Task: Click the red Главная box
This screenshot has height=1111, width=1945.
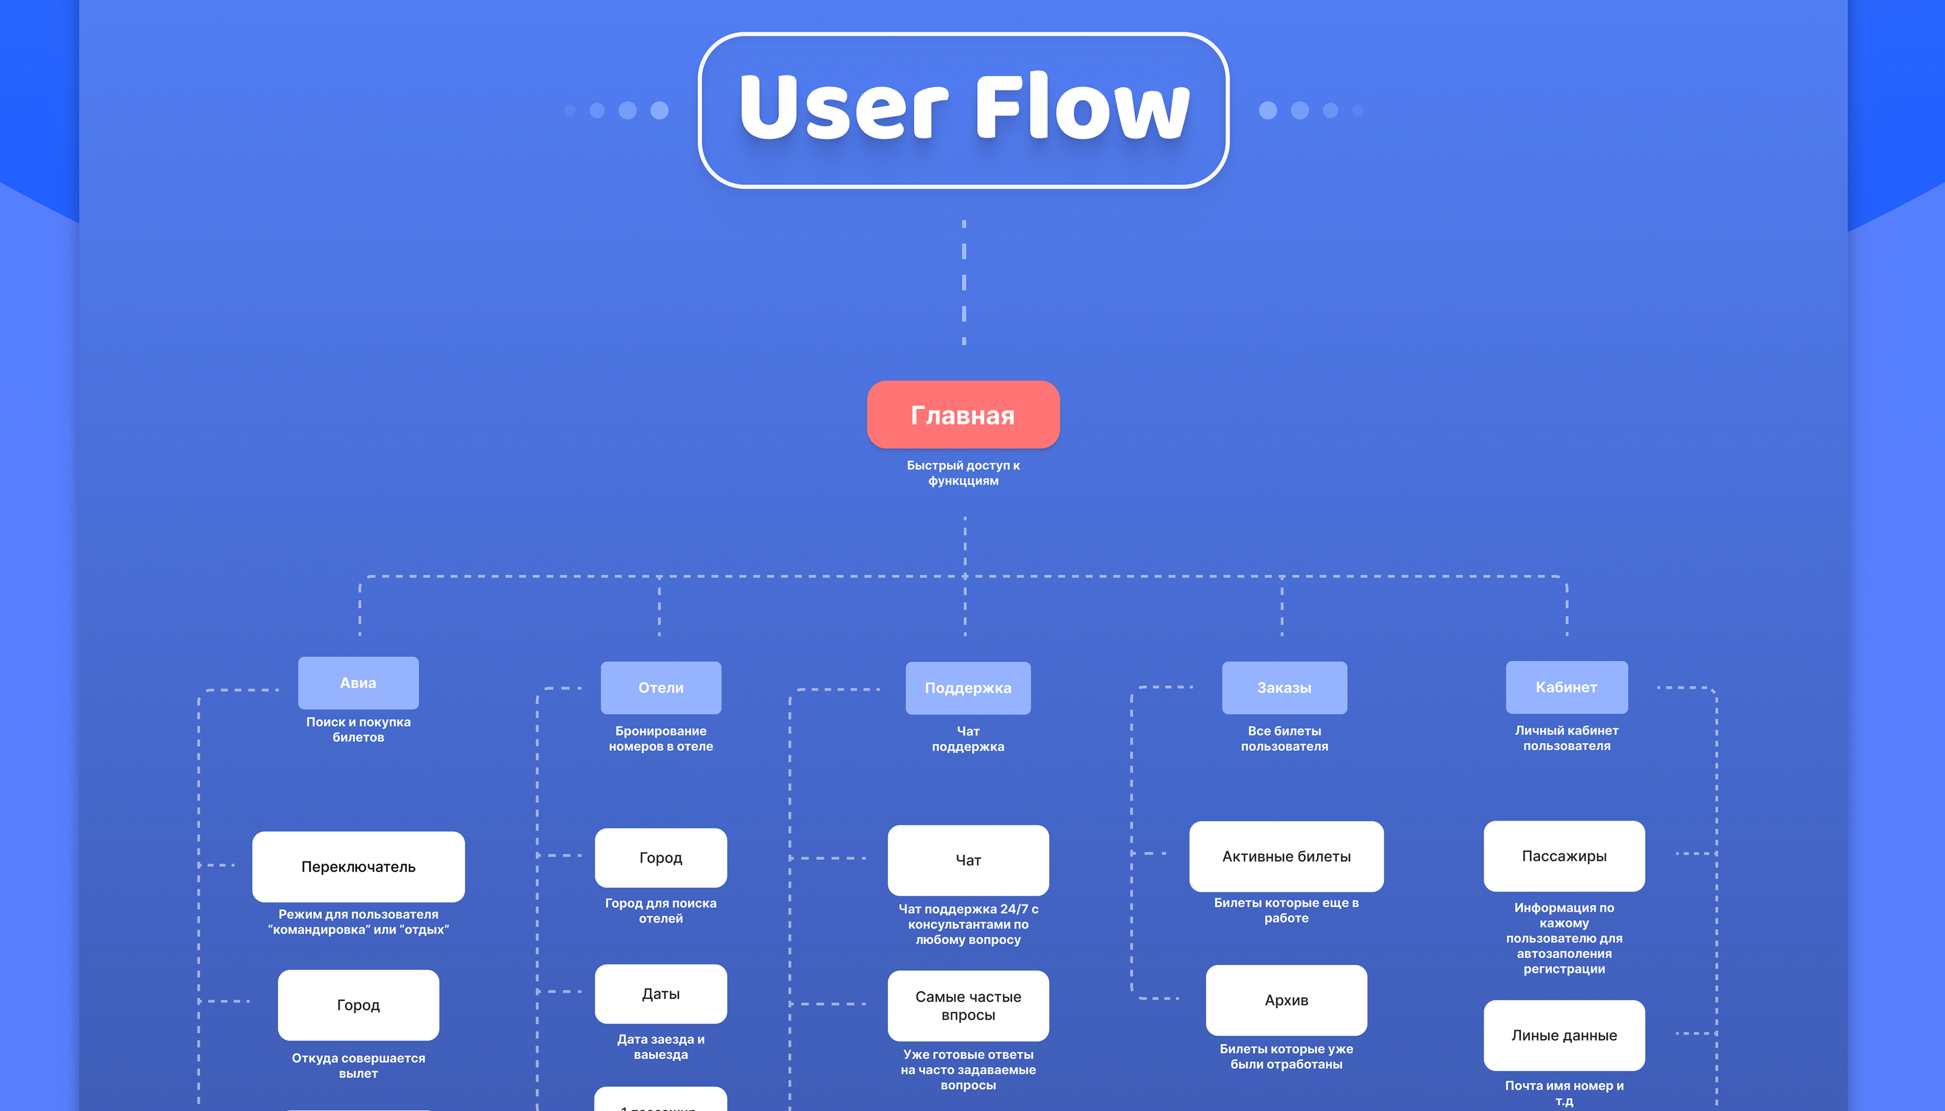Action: (963, 414)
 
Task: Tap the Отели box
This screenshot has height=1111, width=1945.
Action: (661, 687)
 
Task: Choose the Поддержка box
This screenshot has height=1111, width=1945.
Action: (968, 687)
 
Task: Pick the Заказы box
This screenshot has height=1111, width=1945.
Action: (1284, 687)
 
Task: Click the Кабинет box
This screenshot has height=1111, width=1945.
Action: (1566, 687)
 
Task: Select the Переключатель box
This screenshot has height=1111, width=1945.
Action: (358, 867)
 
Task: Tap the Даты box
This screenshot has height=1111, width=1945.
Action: (661, 994)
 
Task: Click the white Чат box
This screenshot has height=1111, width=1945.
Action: (968, 860)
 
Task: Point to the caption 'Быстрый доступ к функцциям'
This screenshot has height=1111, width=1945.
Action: (963, 472)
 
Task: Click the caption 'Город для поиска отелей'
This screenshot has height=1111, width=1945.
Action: (661, 910)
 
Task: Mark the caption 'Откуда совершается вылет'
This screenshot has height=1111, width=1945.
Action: (358, 1065)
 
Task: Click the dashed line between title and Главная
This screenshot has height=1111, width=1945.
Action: (964, 283)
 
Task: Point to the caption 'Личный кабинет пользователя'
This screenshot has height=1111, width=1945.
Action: (1566, 738)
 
